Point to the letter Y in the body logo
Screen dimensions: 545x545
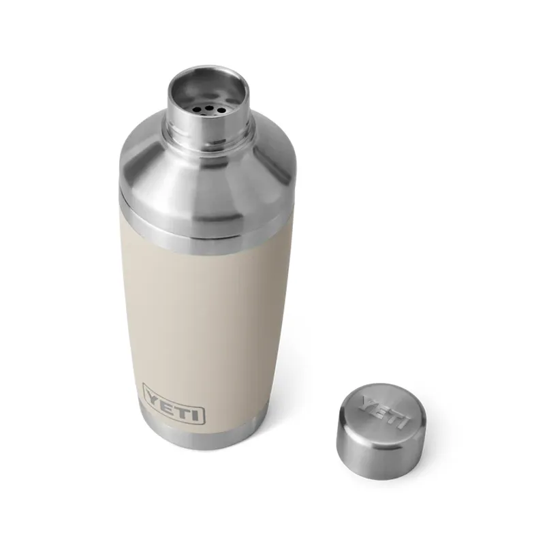(x=153, y=395)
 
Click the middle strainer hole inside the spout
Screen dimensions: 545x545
(x=204, y=107)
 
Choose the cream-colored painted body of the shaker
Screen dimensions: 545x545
(x=204, y=313)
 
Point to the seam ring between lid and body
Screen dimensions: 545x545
(x=198, y=228)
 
